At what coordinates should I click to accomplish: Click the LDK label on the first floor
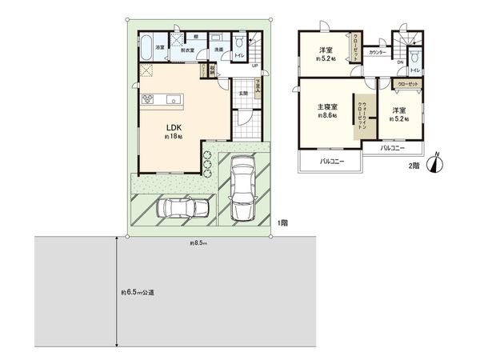(x=172, y=126)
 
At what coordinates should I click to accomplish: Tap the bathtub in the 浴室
(x=148, y=46)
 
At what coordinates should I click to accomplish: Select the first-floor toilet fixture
(x=240, y=42)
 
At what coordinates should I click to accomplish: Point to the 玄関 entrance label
(x=244, y=92)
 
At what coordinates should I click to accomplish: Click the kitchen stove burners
(x=148, y=99)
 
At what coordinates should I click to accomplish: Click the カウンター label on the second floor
(x=377, y=53)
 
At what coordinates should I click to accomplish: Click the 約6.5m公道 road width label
(x=138, y=292)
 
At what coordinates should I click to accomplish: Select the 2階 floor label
(x=414, y=166)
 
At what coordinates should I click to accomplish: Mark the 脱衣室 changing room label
(x=188, y=50)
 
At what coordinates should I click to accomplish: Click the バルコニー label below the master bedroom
(x=331, y=162)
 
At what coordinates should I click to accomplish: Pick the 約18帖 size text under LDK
(x=173, y=136)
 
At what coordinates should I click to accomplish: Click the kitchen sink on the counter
(x=173, y=99)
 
